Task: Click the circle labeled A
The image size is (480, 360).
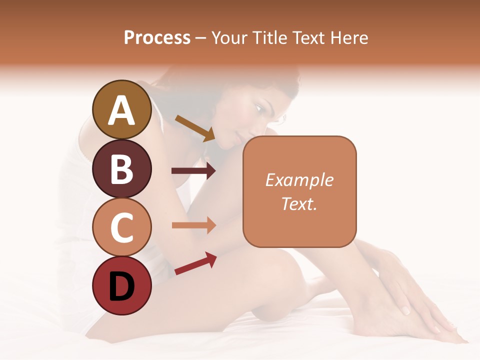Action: [122, 110]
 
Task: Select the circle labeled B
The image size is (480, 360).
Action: [122, 168]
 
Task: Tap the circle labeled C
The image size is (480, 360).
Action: [122, 227]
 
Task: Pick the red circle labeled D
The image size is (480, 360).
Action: [122, 285]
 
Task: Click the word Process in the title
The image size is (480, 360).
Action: [157, 37]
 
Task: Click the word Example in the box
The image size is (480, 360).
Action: [299, 180]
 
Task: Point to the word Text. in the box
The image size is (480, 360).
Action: [299, 203]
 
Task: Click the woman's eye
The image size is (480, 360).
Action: [258, 108]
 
